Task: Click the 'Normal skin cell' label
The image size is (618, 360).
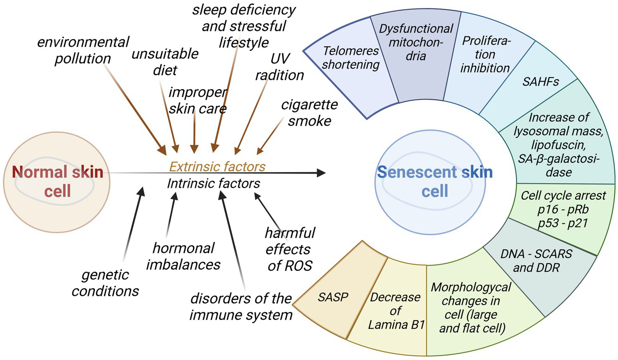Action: click(x=57, y=181)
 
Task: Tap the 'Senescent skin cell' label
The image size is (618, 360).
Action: click(x=435, y=181)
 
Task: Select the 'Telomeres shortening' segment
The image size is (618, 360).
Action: click(x=351, y=58)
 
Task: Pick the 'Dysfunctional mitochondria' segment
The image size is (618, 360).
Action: click(x=416, y=42)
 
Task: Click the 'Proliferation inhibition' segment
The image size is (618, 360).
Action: click(x=485, y=54)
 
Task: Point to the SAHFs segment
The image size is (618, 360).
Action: click(x=540, y=82)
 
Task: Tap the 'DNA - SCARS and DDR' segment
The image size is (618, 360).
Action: click(x=536, y=261)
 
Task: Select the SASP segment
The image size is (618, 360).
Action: click(x=333, y=297)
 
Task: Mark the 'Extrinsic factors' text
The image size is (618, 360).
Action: click(x=217, y=167)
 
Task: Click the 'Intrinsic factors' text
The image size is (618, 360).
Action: click(x=213, y=183)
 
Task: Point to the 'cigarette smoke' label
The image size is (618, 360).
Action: click(x=309, y=113)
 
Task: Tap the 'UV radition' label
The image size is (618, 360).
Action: click(x=280, y=67)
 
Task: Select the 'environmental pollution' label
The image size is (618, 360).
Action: click(x=83, y=50)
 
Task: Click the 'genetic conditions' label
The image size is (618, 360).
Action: click(x=105, y=283)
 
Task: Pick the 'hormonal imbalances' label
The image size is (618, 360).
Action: click(x=183, y=256)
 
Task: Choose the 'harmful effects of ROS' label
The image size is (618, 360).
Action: click(x=290, y=249)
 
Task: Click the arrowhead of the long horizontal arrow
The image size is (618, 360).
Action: click(x=321, y=173)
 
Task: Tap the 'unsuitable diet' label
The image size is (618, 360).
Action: click(x=165, y=62)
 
